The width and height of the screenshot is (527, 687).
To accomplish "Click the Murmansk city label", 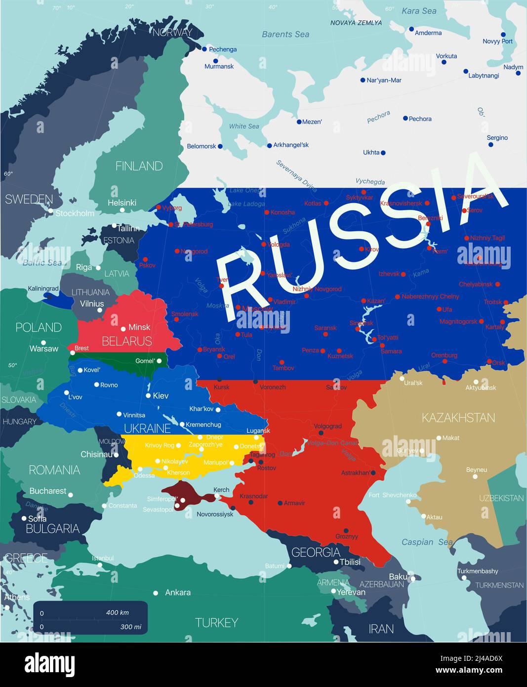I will coord(219,66).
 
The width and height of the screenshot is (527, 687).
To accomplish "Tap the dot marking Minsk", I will coord(123,329).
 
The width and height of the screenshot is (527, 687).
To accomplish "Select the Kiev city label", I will coord(161,395).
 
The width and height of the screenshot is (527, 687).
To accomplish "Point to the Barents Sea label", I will coord(285,34).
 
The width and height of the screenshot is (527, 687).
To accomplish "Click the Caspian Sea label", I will coord(427,542).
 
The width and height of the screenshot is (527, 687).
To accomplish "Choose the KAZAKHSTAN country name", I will coord(458,418).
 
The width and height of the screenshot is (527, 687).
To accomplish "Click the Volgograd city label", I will coord(327,426).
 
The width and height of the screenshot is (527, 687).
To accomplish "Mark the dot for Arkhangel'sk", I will coord(270,146).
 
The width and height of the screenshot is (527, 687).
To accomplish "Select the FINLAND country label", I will coord(139,166).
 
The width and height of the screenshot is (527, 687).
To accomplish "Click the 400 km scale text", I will coord(117,612).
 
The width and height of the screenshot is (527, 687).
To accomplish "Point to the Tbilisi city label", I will coord(350,562).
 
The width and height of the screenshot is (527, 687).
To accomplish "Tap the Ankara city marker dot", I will coord(156,593).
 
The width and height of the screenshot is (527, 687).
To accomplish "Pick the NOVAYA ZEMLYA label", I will coord(356,23).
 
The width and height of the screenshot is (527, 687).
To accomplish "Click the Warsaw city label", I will coord(44,349).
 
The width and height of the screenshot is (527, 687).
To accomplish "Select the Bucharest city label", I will coord(47,491).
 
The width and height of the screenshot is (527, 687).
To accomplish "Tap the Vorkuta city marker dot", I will coord(444,62).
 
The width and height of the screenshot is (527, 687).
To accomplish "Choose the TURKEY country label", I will coord(216,622).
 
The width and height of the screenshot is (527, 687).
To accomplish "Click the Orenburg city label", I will coord(444,355).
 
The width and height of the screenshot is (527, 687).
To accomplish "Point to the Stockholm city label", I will coord(75,213).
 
